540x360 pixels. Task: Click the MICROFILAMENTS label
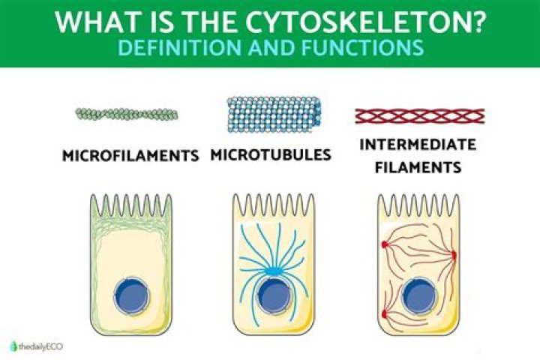coord(130,156)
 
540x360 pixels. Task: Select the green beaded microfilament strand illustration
coord(127,114)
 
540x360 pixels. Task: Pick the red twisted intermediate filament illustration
coord(419,115)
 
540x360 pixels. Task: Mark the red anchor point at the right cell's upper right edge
coord(453,256)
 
